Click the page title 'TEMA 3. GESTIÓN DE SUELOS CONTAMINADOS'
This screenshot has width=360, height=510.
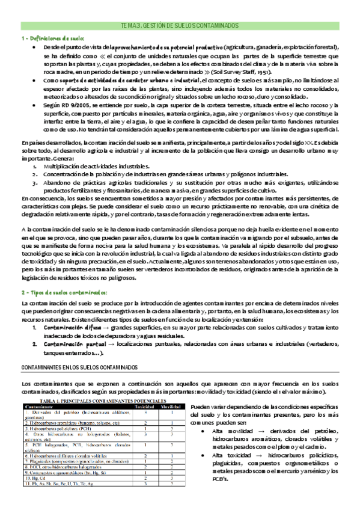(x=180, y=26)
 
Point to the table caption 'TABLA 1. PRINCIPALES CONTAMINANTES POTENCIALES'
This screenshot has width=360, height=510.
(x=103, y=399)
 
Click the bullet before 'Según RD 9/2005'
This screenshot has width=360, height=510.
(x=35, y=103)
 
